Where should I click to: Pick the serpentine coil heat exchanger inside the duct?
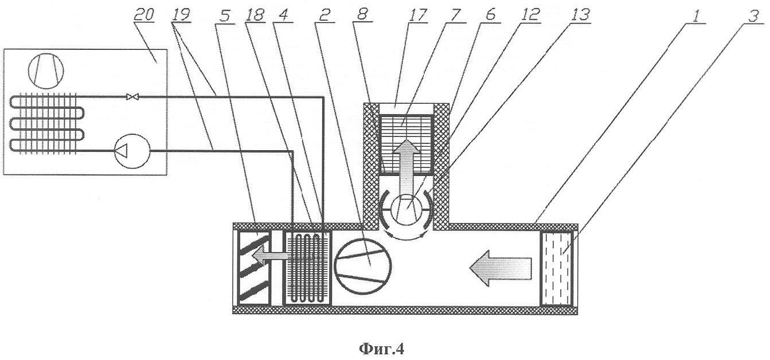[307, 268]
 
